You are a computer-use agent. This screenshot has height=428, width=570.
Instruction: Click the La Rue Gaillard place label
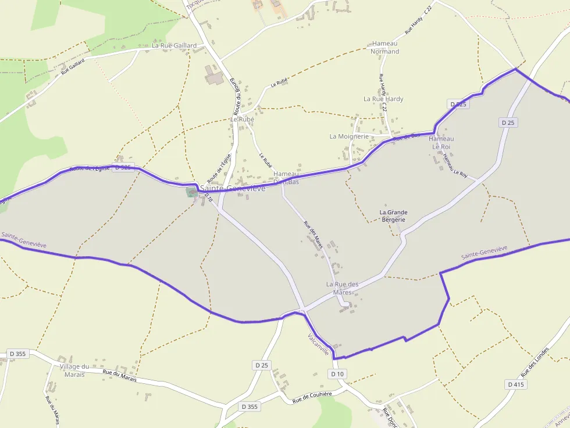tap(174, 45)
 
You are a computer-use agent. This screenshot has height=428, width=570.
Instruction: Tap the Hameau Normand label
tap(384, 48)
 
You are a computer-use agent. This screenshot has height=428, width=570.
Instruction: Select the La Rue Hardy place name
tap(383, 99)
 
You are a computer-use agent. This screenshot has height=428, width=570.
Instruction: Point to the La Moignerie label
tap(349, 136)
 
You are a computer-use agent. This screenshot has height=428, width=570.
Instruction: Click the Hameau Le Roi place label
tap(441, 143)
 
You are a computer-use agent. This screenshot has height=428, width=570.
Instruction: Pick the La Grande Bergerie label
tap(393, 215)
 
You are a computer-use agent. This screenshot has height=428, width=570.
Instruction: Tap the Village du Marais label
tap(75, 371)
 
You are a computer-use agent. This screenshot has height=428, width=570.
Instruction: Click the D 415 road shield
tap(515, 384)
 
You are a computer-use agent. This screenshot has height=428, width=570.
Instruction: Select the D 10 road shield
tap(337, 374)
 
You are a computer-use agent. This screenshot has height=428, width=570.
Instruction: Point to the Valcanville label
tap(319, 344)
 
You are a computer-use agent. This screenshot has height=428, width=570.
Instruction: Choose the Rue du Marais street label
tap(119, 376)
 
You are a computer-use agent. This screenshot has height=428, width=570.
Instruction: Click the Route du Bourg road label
tap(237, 96)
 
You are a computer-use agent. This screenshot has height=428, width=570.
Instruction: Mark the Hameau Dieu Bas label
tap(286, 178)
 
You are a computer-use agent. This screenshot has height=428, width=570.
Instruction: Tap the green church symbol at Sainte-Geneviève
tap(191, 192)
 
